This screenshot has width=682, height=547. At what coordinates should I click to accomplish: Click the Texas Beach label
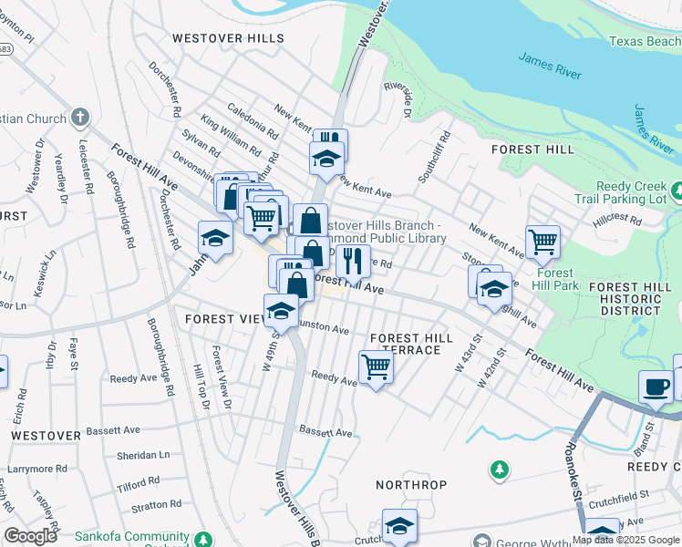[x=644, y=41]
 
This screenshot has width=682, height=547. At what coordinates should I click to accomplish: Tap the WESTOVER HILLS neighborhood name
[x=228, y=38]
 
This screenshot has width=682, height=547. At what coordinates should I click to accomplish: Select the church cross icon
[x=80, y=117]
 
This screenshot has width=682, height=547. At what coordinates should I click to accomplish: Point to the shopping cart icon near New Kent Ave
[x=542, y=242]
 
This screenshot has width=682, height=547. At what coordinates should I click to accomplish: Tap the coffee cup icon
[x=656, y=386]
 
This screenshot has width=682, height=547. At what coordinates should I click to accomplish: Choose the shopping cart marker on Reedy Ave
[x=377, y=367]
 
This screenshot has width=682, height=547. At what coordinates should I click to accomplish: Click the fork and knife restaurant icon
[x=353, y=261]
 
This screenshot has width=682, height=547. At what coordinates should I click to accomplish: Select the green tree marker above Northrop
[x=499, y=470]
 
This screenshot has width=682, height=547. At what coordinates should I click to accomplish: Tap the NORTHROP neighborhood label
[x=412, y=485]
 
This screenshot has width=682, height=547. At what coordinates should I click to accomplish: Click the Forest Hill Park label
[x=554, y=279]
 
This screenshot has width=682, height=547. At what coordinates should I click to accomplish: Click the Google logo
[x=30, y=536]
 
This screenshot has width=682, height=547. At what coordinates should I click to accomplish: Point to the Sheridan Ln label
[x=143, y=455]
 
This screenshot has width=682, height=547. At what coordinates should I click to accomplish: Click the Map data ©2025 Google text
[x=625, y=540]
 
